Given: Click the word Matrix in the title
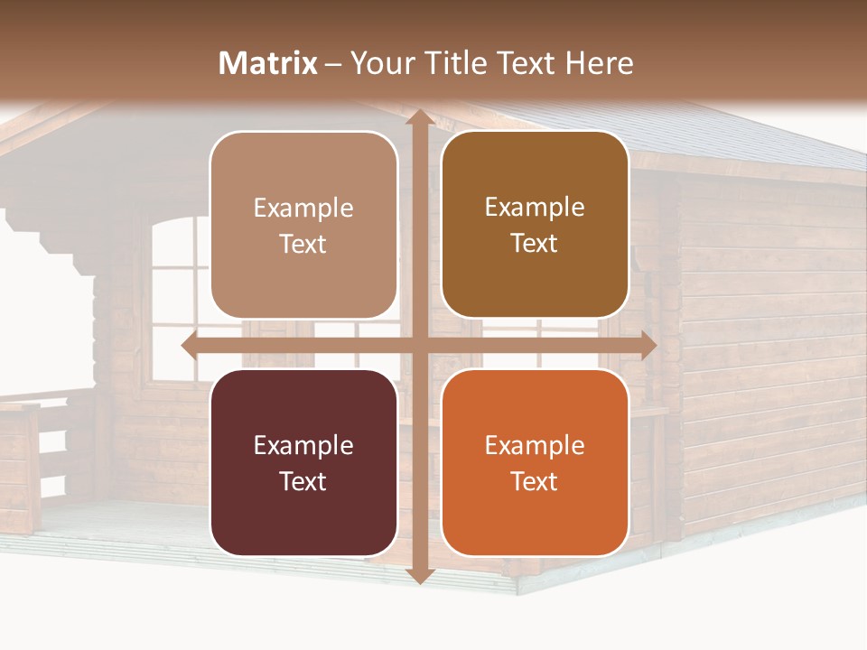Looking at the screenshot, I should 268,63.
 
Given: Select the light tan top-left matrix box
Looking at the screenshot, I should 303,225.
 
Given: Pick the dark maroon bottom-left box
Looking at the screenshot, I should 303,462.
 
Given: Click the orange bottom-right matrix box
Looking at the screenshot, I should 535,462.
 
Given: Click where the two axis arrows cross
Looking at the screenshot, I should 419,345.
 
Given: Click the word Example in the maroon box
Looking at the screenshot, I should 303,445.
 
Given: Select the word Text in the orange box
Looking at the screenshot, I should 535,481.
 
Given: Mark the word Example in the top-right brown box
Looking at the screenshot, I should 535,207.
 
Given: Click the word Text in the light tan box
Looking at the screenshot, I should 303,244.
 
